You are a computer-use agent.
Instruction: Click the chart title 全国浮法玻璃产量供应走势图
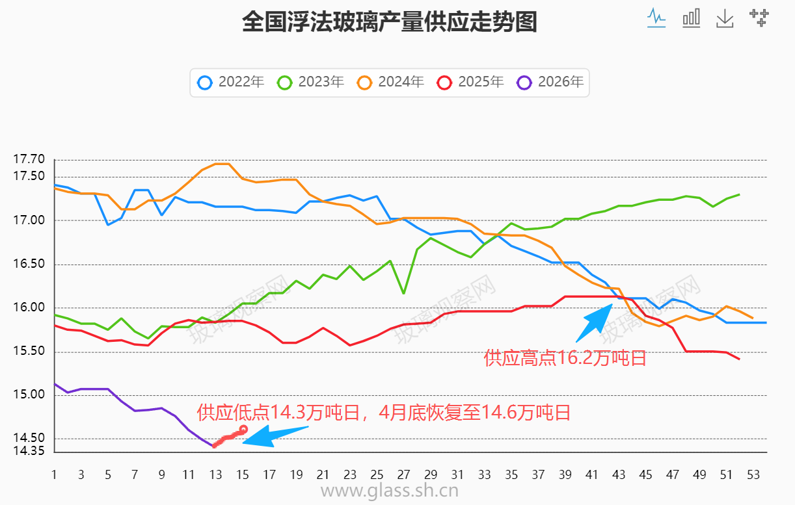tap(389, 23)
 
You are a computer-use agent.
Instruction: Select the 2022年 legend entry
tap(232, 83)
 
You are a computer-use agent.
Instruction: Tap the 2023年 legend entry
tap(312, 83)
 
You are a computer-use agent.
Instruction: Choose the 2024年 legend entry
tap(392, 83)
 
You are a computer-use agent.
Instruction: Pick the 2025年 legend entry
tap(472, 83)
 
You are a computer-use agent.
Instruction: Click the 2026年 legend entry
tap(551, 83)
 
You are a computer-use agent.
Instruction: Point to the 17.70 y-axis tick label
tap(29, 159)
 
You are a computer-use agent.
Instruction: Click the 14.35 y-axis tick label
tap(29, 451)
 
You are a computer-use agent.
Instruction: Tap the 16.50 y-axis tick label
tap(29, 265)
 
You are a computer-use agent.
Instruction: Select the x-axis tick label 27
tap(403, 475)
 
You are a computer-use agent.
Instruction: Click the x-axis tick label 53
tap(753, 475)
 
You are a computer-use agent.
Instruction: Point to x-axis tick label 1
tap(54, 475)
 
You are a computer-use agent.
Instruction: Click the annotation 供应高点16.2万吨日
tap(565, 357)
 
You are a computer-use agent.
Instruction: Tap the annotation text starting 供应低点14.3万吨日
tap(384, 412)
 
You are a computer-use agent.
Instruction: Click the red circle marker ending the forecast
tap(243, 429)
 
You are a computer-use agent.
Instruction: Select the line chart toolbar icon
tap(656, 18)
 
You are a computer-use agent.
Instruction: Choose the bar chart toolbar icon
tap(691, 18)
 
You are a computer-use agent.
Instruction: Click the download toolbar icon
tap(725, 18)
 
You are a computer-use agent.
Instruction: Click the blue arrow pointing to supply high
tap(593, 322)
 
